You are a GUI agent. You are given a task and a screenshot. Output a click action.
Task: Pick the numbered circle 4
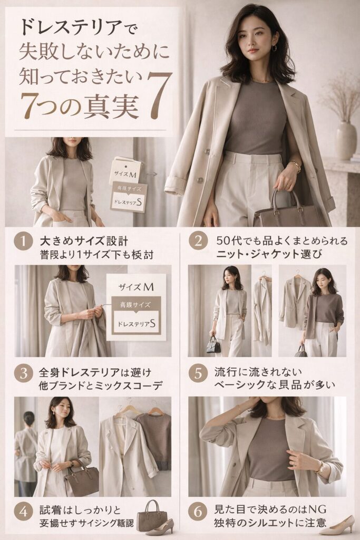coord(23,512)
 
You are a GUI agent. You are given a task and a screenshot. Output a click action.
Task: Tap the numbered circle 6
coord(198,512)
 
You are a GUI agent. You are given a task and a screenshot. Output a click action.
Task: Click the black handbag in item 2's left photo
coord(213,345)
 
